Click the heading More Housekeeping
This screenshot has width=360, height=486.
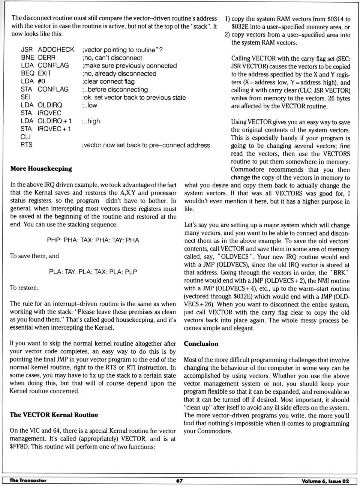[41, 168]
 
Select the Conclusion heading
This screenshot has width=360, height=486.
[201, 344]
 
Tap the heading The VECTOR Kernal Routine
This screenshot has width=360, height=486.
[54, 415]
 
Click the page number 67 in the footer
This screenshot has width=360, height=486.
[179, 481]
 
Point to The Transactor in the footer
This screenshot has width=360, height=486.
[28, 480]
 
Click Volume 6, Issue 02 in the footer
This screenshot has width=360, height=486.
[325, 481]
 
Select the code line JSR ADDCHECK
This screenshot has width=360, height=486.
[48, 49]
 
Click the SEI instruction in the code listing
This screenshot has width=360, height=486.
[25, 97]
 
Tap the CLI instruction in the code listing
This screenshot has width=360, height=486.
[25, 136]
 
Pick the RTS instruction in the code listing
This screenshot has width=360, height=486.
[26, 145]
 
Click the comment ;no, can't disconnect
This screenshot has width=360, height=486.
[112, 58]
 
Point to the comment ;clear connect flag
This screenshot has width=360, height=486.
[108, 81]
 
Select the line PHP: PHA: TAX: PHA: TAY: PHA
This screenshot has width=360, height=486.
[93, 240]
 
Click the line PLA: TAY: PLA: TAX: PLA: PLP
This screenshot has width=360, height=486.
[93, 271]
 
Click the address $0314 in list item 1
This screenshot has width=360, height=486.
[335, 19]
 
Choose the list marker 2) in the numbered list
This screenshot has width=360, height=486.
[227, 35]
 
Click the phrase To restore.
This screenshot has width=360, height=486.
[24, 288]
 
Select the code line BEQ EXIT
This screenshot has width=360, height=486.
[36, 73]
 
